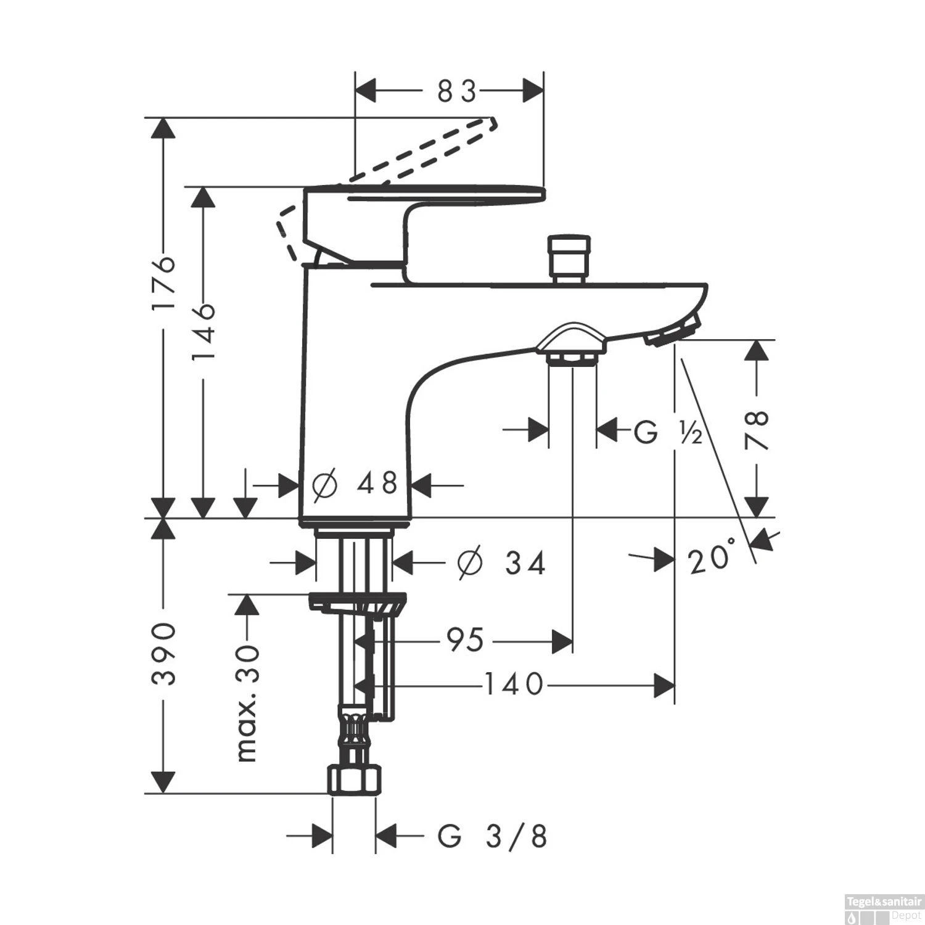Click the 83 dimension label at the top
[457, 92]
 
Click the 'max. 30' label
[247, 703]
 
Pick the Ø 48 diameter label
[355, 484]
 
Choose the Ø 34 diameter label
[501, 562]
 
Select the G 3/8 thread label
[492, 837]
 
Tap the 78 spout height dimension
[757, 429]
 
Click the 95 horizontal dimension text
[466, 640]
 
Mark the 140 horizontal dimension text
[514, 684]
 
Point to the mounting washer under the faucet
[358, 602]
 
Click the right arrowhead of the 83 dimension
[533, 91]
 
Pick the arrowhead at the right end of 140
[664, 685]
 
